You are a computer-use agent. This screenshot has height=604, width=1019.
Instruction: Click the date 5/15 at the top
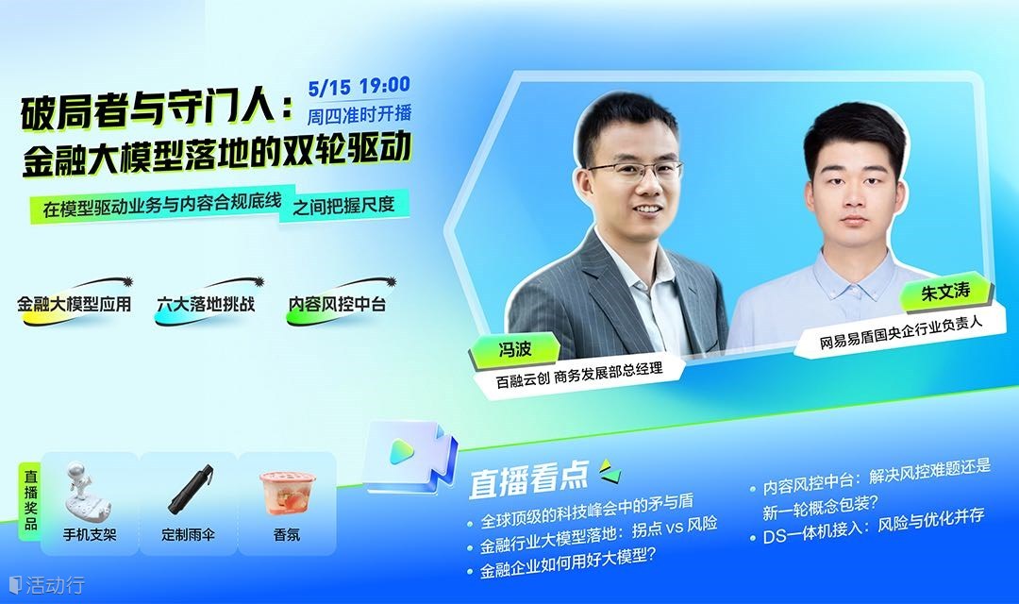click(329, 87)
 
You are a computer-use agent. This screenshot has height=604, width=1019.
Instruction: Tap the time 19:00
click(385, 85)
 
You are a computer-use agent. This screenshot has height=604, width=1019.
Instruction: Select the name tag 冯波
click(515, 350)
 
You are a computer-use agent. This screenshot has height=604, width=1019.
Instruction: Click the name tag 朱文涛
click(945, 292)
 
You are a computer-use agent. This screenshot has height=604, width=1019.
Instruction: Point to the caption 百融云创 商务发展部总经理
click(579, 376)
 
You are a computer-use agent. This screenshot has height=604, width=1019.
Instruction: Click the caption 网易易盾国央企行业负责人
click(901, 331)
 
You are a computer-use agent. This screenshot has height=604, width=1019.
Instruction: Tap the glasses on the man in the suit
click(635, 173)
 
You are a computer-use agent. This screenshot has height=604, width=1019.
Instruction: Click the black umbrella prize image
click(190, 490)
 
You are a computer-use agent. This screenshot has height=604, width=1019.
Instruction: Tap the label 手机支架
click(90, 535)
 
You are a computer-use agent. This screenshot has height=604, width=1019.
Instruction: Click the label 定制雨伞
click(189, 535)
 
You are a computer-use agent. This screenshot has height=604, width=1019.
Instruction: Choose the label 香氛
click(287, 535)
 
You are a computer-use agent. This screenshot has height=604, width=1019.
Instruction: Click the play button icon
click(402, 451)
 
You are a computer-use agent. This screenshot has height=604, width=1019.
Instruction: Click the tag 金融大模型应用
click(75, 304)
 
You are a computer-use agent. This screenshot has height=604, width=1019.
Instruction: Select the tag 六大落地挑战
click(206, 304)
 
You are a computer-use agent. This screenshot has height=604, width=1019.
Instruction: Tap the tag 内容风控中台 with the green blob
click(337, 304)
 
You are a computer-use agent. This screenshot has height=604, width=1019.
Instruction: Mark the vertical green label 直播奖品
click(30, 500)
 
